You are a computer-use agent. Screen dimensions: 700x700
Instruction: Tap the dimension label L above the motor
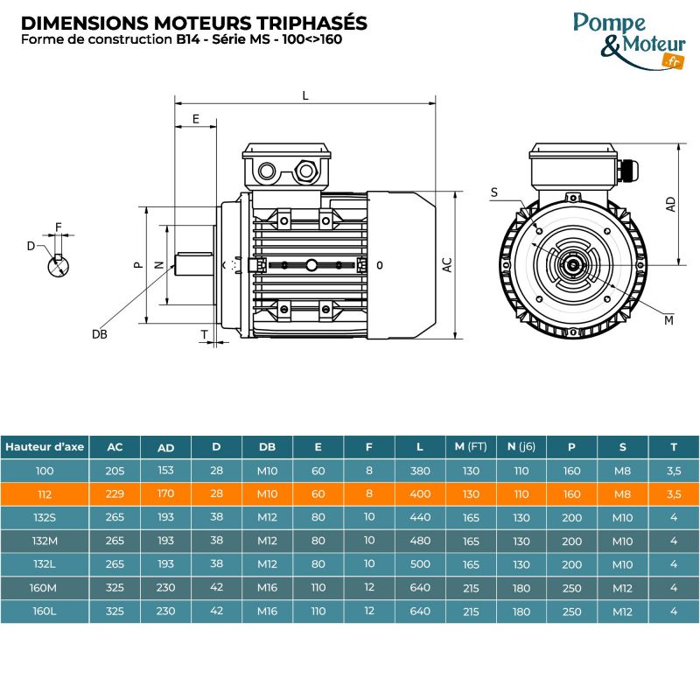click(304, 95)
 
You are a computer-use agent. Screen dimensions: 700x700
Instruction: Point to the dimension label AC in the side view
click(446, 264)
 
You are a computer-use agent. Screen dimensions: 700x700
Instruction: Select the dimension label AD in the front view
click(670, 203)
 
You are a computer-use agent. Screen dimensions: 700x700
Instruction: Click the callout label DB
click(99, 334)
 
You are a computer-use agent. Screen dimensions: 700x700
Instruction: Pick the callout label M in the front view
click(668, 320)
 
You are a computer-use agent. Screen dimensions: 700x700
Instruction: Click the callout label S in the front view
click(494, 192)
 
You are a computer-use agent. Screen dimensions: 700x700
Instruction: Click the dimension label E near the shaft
click(196, 119)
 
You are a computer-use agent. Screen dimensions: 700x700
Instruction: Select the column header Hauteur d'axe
click(45, 446)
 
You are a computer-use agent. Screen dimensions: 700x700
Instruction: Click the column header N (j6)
click(521, 446)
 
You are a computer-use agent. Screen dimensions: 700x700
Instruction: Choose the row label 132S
click(45, 517)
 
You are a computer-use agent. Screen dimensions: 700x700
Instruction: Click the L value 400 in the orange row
click(420, 493)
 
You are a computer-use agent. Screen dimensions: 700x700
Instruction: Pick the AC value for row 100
click(115, 470)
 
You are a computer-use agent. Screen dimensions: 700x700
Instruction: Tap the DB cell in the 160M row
click(268, 588)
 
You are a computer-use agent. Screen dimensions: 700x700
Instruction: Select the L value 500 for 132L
click(420, 564)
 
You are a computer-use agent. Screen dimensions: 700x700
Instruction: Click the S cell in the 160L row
click(623, 611)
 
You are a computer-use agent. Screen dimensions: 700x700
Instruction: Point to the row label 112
click(45, 493)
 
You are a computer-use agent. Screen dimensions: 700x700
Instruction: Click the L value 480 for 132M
click(420, 541)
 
